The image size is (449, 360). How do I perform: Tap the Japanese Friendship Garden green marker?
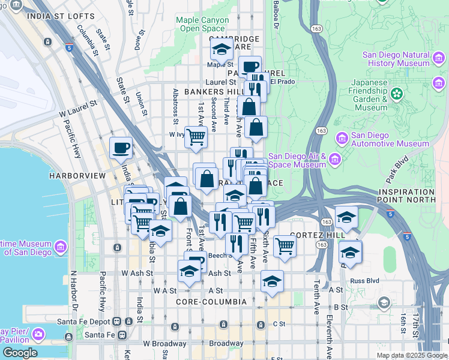396,94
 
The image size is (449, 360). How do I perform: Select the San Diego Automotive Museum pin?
342,139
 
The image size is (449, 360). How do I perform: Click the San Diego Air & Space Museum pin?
335,160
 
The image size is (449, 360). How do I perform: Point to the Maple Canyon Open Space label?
202,24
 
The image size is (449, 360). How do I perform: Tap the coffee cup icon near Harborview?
121,148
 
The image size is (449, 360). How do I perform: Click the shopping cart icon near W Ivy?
196,136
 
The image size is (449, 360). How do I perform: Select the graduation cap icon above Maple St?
221,49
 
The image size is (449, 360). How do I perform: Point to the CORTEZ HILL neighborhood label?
310,235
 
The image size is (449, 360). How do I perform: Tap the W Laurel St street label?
78,109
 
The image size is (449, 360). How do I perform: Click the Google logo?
19,353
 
